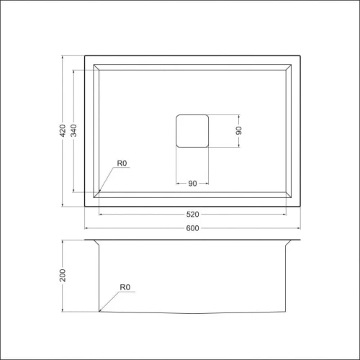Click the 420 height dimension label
coord(63,130)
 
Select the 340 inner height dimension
coord(74,130)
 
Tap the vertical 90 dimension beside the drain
coord(239,130)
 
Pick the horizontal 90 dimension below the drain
coord(192,184)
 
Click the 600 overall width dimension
coord(192,229)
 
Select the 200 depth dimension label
coord(63,276)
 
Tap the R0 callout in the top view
coord(122,164)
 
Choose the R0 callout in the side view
coord(125,288)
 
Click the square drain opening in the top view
coord(192,130)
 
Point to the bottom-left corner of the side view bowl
coord(99,311)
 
